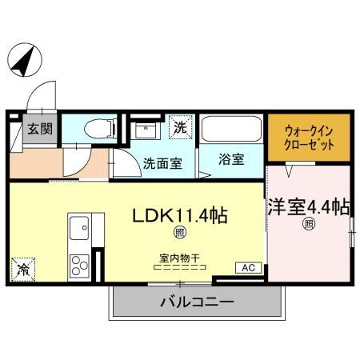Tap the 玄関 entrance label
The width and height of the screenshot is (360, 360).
point(40,129)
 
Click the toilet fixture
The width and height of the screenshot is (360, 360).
point(100,129)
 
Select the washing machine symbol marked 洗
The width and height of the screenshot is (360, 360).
point(181,127)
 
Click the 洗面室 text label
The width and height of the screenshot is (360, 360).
point(162,163)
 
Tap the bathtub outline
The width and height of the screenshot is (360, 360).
point(231,129)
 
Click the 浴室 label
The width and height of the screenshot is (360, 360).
point(231,159)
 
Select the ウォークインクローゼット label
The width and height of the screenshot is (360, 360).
point(309,138)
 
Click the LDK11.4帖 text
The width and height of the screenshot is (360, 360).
point(180,216)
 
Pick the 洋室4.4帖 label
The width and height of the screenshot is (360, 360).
point(309,207)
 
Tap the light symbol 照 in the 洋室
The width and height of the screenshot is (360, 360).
point(309,224)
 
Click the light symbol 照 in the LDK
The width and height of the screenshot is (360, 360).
point(180,233)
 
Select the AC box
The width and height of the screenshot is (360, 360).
point(249,268)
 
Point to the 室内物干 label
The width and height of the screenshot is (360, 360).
point(180,258)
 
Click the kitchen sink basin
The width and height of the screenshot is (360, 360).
point(79,228)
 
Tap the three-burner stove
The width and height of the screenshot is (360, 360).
point(79,266)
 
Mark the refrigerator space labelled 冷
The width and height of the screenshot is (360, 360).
point(23,270)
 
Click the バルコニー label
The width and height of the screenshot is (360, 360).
point(198,302)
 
